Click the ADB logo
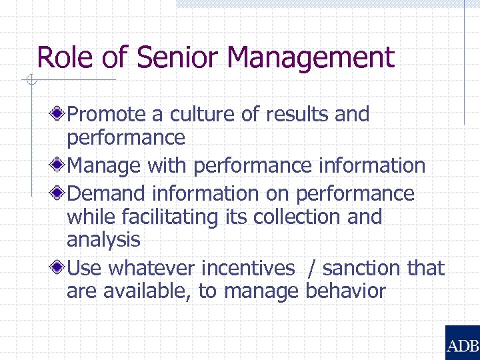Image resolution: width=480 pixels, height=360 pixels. pyautogui.click(x=462, y=343)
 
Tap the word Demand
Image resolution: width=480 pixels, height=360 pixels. pyautogui.click(x=107, y=194)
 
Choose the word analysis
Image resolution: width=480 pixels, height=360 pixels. pyautogui.click(x=103, y=239)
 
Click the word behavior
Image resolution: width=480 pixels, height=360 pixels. pyautogui.click(x=345, y=291)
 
